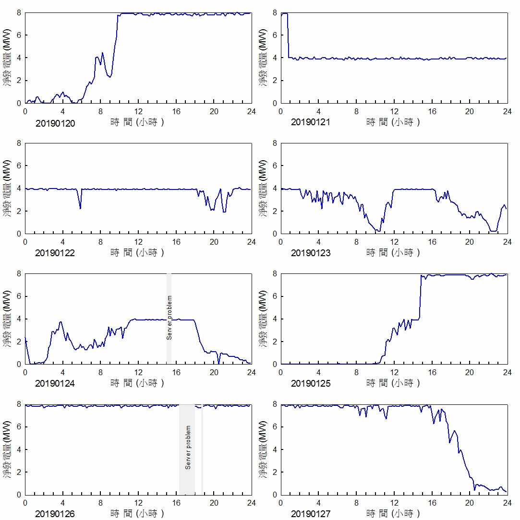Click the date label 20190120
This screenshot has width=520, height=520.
point(55,123)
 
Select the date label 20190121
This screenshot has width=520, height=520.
point(311,123)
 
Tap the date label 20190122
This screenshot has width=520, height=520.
point(55,253)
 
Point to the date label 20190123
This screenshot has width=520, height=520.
point(311,253)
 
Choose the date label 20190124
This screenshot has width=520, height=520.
point(55,384)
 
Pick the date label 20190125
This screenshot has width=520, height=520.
point(311,384)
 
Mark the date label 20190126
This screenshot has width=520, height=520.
point(55,514)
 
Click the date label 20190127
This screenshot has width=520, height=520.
point(311,514)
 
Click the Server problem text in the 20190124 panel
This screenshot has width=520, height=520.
point(169,318)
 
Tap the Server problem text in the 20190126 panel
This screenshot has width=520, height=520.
point(188,448)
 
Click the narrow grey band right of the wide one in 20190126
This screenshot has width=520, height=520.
point(202,449)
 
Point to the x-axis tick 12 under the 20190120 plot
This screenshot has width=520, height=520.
point(138,111)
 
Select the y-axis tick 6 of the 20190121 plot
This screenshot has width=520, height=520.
point(274,35)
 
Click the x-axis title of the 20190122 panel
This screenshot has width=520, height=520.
point(138,253)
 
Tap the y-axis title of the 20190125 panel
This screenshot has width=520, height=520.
point(263,319)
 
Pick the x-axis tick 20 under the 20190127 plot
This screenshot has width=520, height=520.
point(469,503)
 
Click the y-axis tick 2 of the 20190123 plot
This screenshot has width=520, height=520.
point(274,211)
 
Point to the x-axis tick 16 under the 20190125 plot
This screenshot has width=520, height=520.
point(432,372)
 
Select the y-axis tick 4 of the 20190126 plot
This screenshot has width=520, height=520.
point(19,449)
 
